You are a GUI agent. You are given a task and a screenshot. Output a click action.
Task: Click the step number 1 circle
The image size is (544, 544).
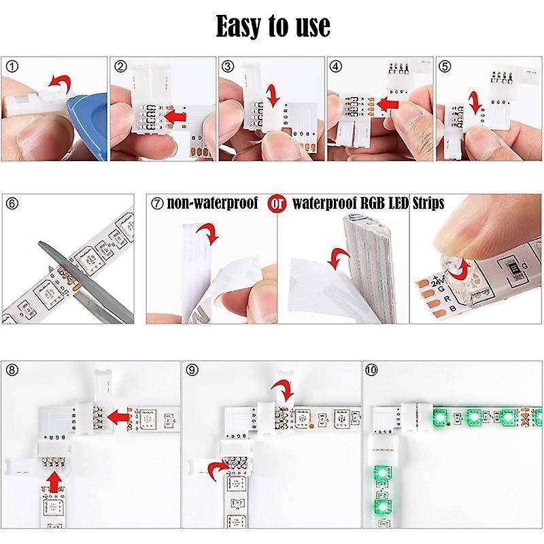pyautogui.click(x=12, y=66)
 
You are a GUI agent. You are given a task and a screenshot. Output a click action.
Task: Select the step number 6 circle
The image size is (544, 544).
pyautogui.click(x=12, y=203)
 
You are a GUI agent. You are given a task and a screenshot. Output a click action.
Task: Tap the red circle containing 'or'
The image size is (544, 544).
pyautogui.click(x=276, y=203)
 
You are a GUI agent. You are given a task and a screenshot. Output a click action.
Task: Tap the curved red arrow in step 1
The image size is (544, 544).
pyautogui.click(x=61, y=84)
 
